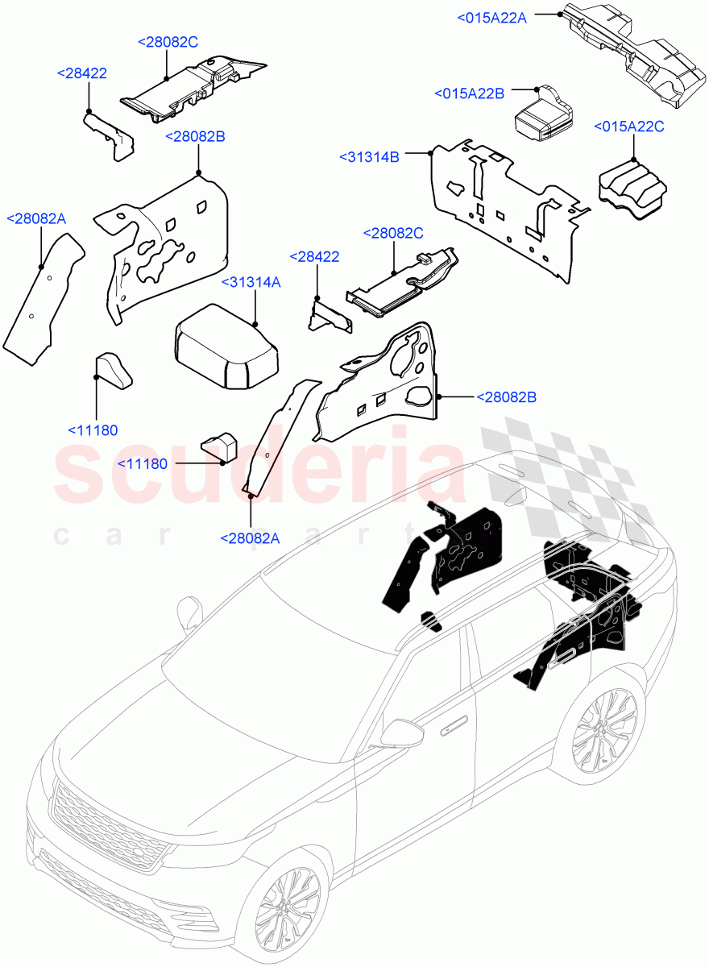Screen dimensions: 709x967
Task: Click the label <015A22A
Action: coord(491,18)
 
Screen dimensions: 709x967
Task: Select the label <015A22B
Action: coord(469,93)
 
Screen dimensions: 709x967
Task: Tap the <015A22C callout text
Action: coord(629,127)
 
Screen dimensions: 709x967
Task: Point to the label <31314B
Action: coord(369,157)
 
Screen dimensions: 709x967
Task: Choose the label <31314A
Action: coord(251,283)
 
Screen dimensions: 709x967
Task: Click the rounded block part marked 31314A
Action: coord(226,347)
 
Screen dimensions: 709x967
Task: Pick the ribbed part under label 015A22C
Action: coord(632,189)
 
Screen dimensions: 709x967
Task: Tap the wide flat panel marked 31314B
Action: coord(511,211)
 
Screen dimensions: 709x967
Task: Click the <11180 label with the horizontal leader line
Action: coord(143,464)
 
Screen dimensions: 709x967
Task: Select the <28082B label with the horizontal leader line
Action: coord(506,397)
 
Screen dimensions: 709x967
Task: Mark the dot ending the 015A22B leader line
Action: coord(537,89)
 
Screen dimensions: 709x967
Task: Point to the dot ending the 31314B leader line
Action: coord(430,153)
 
